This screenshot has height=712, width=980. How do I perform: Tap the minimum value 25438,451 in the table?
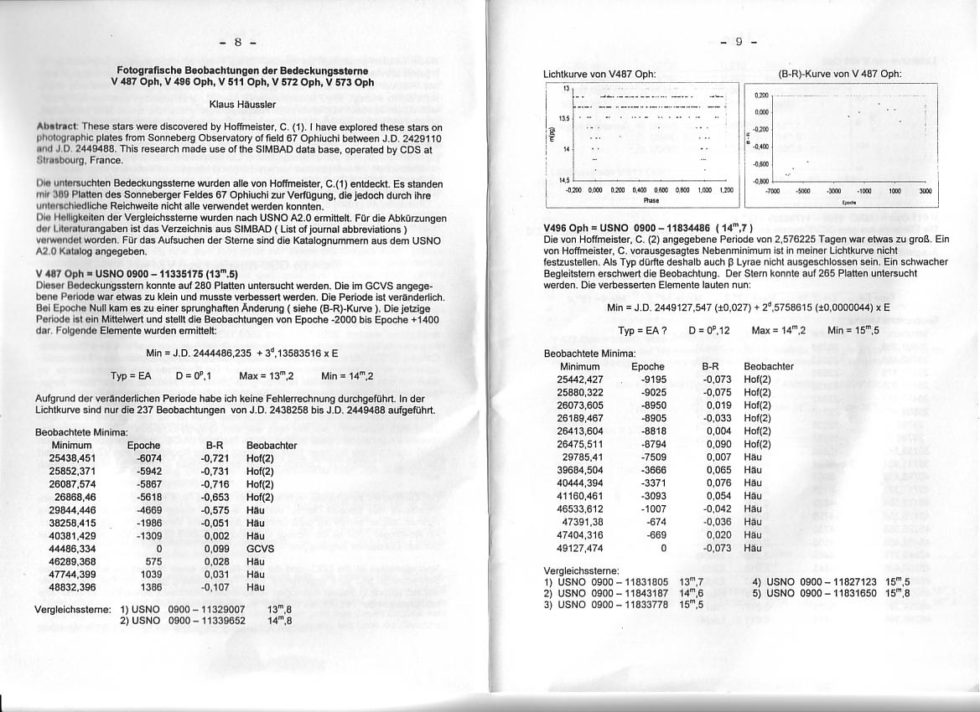(x=72, y=458)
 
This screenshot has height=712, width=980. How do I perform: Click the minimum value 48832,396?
(x=72, y=587)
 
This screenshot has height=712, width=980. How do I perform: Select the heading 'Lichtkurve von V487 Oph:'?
(x=599, y=74)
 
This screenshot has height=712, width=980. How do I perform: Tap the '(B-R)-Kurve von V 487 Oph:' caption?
(x=839, y=74)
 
